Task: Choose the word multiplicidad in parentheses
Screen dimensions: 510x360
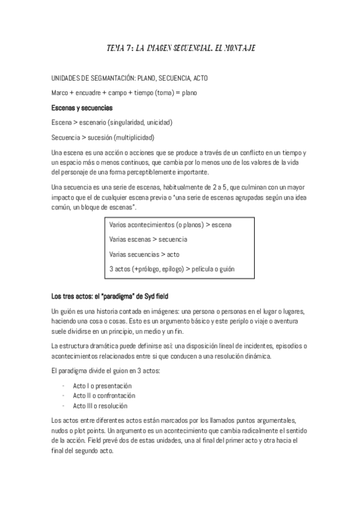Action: point(133,137)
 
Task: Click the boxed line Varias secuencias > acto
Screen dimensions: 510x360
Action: point(145,254)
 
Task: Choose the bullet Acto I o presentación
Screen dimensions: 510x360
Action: point(102,385)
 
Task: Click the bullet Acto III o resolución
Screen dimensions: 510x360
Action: point(100,406)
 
